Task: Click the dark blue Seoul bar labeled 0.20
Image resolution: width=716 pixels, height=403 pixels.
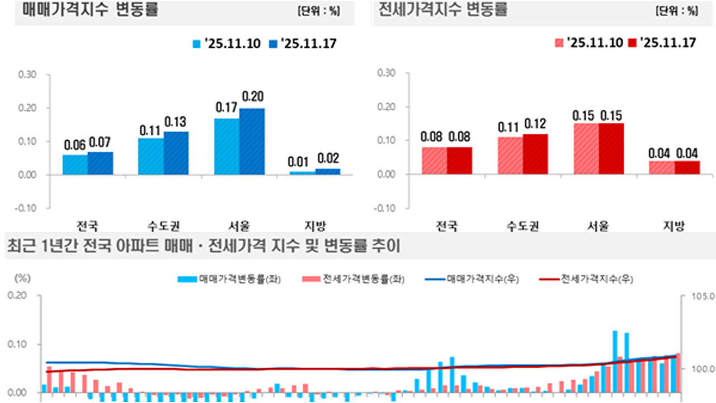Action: pos(252,141)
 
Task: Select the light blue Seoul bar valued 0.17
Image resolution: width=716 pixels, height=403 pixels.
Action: pos(227,146)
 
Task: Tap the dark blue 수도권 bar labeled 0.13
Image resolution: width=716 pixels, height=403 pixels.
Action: pos(176,153)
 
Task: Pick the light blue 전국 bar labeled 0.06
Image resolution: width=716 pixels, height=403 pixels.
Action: pos(75,165)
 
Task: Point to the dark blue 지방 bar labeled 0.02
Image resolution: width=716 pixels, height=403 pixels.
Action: pos(328,171)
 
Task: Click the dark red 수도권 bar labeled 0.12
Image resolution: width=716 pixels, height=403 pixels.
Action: pos(535,154)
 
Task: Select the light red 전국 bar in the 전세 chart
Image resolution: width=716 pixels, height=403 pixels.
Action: pos(434,161)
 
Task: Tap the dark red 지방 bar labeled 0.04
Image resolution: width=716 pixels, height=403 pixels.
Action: pos(687,167)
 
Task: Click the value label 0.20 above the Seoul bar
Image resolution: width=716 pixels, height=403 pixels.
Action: pos(252,96)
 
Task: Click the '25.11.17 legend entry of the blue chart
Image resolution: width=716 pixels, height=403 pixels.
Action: pos(303,44)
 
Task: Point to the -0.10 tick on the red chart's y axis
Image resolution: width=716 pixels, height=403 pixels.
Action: pos(386,208)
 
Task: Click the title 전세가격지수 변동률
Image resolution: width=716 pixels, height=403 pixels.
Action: pos(443,10)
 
